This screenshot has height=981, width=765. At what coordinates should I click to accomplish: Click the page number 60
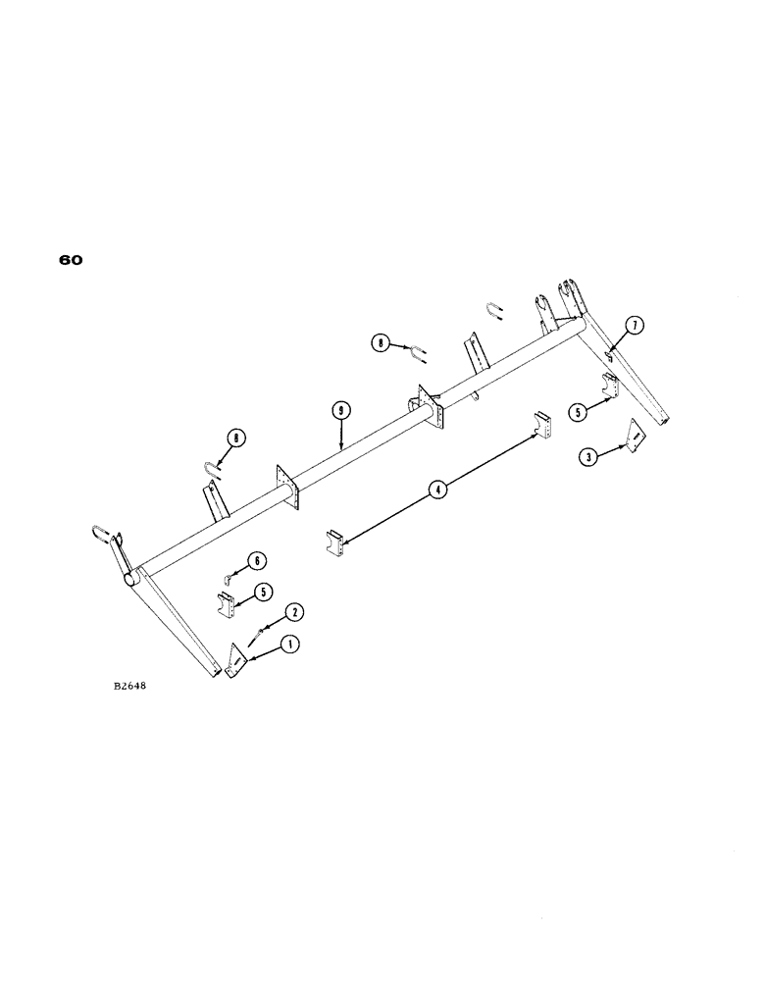[x=71, y=261]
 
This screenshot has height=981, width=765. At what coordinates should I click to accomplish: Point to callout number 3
[x=587, y=456]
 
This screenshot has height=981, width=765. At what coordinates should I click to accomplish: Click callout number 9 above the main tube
[x=339, y=410]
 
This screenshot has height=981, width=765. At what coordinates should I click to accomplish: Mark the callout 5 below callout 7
[x=579, y=413]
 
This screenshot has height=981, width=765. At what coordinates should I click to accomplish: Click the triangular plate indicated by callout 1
[x=235, y=660]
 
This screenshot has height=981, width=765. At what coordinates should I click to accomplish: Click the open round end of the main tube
[x=129, y=581]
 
